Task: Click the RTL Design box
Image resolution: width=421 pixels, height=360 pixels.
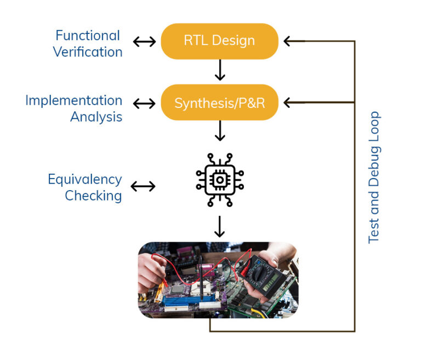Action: [219, 41]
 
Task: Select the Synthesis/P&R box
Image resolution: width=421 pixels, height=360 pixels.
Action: [219, 102]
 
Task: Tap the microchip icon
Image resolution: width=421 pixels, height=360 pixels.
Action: [220, 179]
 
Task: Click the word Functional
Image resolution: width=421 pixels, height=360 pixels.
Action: [88, 36]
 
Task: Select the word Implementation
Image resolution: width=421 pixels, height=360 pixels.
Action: [73, 100]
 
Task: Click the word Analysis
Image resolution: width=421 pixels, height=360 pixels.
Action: [96, 117]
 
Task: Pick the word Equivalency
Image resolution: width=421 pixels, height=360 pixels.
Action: [84, 179]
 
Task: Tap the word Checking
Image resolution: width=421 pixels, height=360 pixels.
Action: [93, 196]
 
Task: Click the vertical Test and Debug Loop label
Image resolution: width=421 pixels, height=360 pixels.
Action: [374, 177]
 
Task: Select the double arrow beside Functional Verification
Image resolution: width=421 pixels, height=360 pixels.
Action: [144, 42]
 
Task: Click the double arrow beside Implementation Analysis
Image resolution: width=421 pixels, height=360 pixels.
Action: [144, 103]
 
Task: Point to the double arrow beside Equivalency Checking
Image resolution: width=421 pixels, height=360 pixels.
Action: [143, 187]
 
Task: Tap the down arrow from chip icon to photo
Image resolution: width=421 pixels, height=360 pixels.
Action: [219, 226]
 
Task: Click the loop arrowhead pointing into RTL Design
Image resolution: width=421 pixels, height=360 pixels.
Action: [288, 41]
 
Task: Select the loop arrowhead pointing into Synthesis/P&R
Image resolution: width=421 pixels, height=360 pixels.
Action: [288, 102]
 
